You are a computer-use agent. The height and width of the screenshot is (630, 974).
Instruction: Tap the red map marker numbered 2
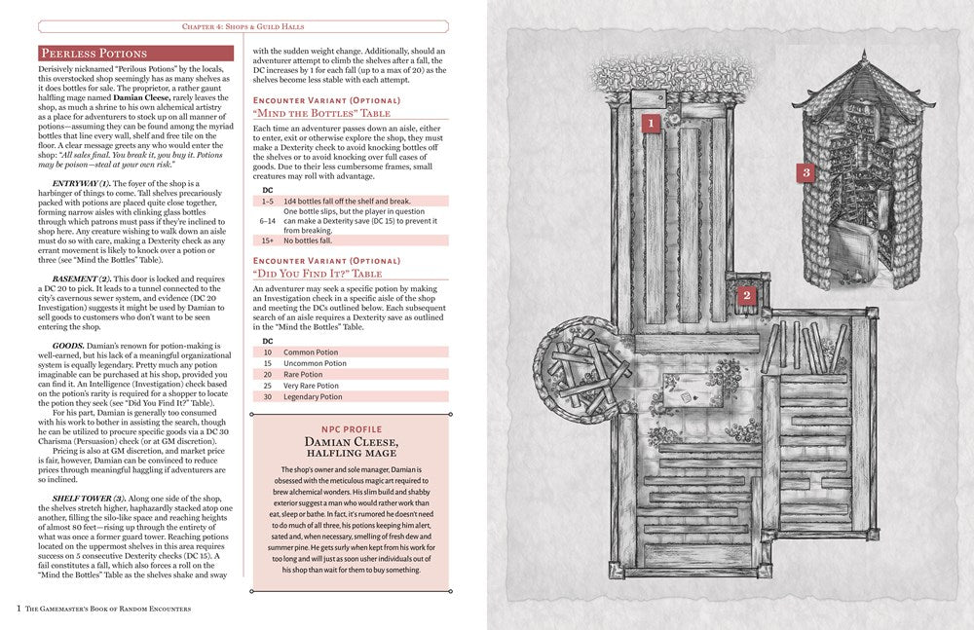(x=746, y=296)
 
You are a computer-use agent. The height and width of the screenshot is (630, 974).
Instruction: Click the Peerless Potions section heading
(x=94, y=53)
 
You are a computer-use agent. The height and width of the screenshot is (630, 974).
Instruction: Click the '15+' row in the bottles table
(x=268, y=240)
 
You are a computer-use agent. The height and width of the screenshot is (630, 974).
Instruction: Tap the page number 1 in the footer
(x=19, y=609)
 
